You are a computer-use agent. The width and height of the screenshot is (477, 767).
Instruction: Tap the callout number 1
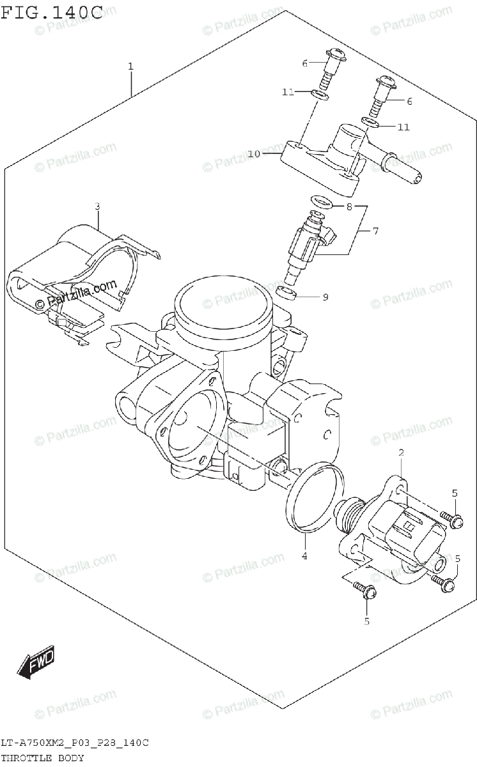tap(130, 66)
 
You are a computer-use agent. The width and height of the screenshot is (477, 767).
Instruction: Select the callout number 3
tap(97, 206)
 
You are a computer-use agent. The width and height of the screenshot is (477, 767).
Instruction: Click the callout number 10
tap(254, 154)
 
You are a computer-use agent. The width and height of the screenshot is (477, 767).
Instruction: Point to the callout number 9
tap(325, 297)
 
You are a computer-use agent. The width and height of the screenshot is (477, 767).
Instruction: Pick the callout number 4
tap(304, 556)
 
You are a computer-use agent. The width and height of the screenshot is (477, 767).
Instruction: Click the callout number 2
tap(401, 454)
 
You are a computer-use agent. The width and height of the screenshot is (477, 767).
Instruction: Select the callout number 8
tap(349, 206)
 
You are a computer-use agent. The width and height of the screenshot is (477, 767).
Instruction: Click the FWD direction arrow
tap(36, 663)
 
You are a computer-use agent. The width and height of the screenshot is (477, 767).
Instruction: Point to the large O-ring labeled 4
tap(313, 499)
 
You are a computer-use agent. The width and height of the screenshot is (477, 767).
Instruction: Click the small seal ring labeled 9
tap(287, 293)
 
